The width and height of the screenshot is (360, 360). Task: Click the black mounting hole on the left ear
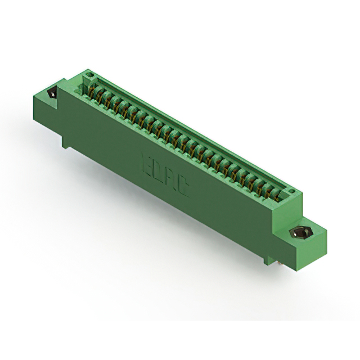click(x=53, y=94)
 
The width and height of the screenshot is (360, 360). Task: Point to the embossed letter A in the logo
click(x=171, y=178)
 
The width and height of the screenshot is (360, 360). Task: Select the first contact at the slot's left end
click(x=94, y=90)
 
